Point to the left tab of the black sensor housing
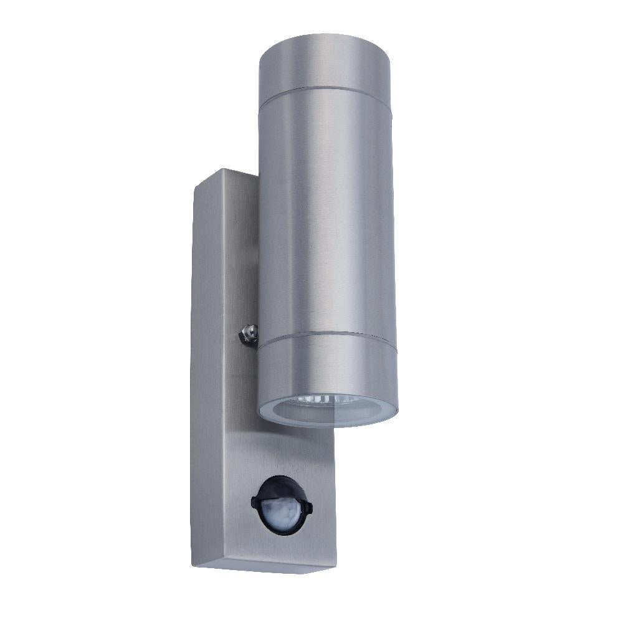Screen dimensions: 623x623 (x=254, y=500)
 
